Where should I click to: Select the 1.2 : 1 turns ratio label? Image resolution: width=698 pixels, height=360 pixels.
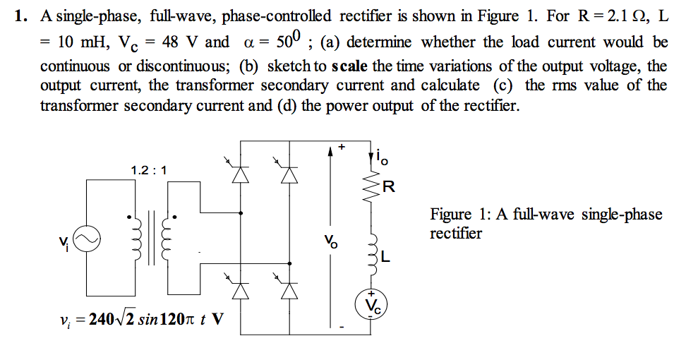coord(149,170)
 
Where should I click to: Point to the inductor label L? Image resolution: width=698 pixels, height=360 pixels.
coord(385,256)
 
